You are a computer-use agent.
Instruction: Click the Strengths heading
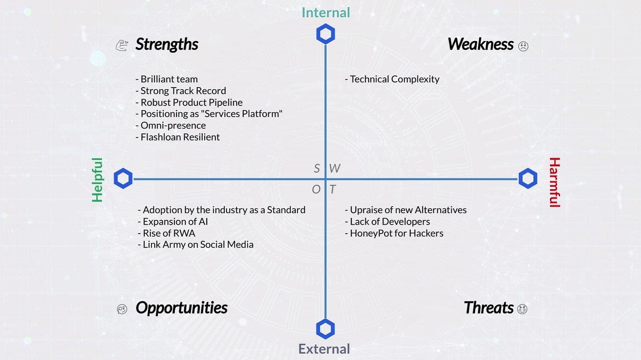(167, 44)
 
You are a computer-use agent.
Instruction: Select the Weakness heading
(480, 44)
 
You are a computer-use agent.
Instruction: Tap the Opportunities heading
(182, 308)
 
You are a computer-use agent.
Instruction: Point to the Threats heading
(489, 307)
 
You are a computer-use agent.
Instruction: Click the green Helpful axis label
(97, 180)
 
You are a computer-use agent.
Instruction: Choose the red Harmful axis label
(555, 182)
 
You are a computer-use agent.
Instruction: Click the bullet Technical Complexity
(392, 79)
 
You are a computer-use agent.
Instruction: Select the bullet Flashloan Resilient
(178, 137)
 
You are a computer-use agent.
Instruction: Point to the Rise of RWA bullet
(167, 233)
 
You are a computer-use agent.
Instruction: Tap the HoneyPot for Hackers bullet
(394, 233)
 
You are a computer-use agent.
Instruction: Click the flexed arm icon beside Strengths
(122, 46)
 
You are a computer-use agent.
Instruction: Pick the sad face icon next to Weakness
(523, 46)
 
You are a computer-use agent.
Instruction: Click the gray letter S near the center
(317, 168)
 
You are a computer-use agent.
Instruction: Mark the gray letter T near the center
(332, 189)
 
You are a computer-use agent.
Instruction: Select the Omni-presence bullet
(171, 126)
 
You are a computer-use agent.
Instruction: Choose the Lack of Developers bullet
(388, 222)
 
